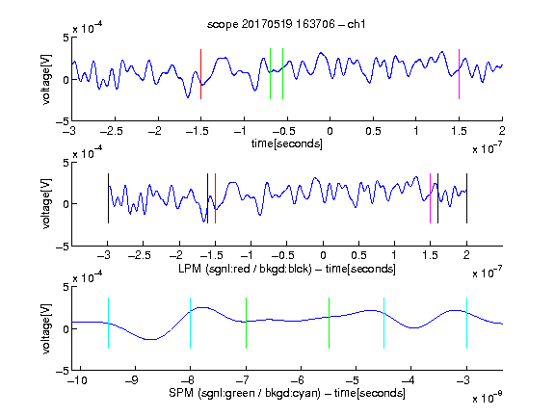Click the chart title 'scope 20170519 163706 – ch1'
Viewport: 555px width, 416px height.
tap(286, 24)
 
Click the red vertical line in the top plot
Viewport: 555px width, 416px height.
tap(200, 74)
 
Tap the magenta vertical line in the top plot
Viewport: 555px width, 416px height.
tap(459, 74)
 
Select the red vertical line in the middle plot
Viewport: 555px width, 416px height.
tap(215, 198)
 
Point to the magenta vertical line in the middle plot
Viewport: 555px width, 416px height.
tap(430, 198)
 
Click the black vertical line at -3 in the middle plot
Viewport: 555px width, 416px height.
tap(108, 198)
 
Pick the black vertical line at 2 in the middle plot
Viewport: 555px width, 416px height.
tap(466, 198)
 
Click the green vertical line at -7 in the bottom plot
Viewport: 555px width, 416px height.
tap(246, 323)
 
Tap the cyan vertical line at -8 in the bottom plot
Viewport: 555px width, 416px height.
tap(190, 323)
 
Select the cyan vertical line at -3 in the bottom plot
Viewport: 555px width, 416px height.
tap(466, 323)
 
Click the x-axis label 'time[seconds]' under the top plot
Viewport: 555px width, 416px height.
tap(287, 143)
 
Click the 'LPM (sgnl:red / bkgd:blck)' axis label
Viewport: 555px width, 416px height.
tap(245, 269)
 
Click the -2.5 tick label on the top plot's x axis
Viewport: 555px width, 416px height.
tap(111, 131)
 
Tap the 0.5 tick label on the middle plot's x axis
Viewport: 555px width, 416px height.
tap(358, 255)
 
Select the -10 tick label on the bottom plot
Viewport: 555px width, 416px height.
tap(77, 380)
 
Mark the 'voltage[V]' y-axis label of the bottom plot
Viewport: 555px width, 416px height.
tap(46, 328)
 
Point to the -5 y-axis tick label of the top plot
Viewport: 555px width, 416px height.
tap(63, 121)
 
